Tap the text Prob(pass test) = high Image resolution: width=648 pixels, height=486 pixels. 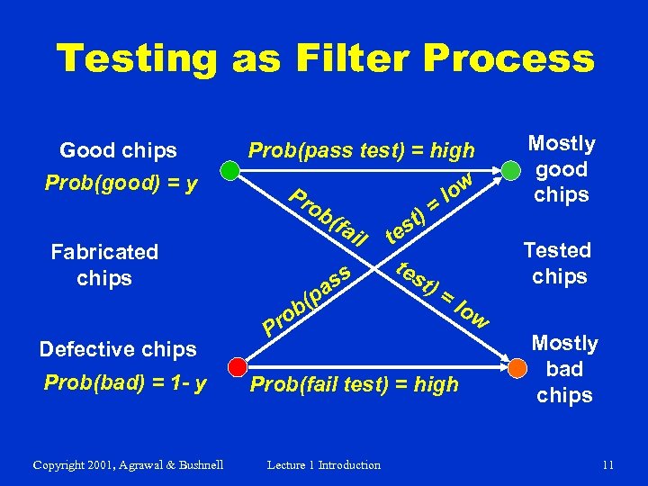point(361,149)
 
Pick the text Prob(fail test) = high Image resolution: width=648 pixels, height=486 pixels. point(354,385)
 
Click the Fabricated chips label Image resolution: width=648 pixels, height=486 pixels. point(104,265)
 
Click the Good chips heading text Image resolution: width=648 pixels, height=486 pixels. point(118,149)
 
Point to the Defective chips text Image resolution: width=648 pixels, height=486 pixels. point(118,349)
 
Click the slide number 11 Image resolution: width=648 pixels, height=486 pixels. point(607,464)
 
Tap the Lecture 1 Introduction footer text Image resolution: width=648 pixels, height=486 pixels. point(324,464)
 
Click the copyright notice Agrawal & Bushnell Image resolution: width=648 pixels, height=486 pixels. point(128,464)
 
